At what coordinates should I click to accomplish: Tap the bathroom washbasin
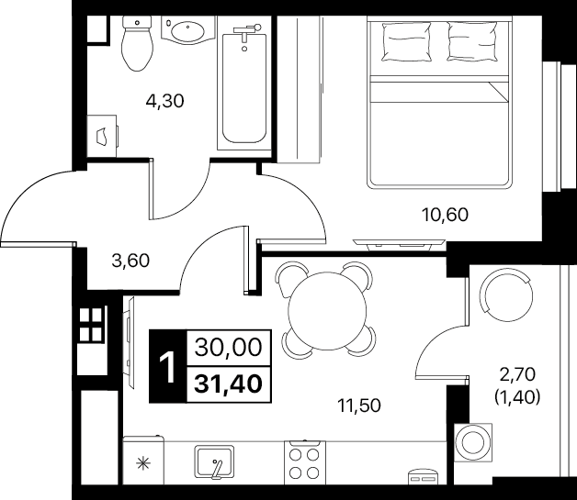coord(188,30)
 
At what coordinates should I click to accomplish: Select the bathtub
coord(244,87)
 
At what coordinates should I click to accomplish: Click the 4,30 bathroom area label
coord(164,101)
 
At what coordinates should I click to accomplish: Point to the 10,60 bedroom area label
coord(445,215)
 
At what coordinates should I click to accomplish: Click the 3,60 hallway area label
coord(130,261)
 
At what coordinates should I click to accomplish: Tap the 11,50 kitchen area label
coord(359,406)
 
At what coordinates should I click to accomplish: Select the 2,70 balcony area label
coord(517,375)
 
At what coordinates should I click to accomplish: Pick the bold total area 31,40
coord(229,384)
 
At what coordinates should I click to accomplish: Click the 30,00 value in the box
coord(229,348)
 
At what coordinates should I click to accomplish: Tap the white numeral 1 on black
coord(168,367)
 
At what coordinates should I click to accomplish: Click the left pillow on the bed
coord(407,41)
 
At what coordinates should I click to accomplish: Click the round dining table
coord(327,311)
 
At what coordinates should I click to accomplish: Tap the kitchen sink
coord(214,461)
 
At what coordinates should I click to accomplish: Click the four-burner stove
coord(305,463)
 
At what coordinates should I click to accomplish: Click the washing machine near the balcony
coord(473,442)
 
